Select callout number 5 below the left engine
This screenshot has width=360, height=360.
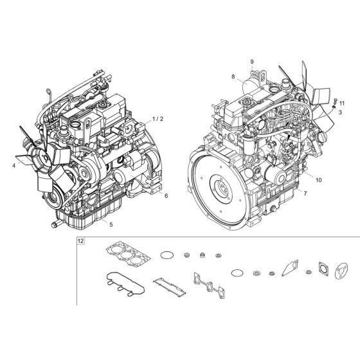pyautogui.click(x=111, y=224)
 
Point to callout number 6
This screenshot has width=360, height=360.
pyautogui.click(x=166, y=195)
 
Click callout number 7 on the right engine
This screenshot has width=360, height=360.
pyautogui.click(x=304, y=193)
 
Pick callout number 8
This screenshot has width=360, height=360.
pyautogui.click(x=252, y=77)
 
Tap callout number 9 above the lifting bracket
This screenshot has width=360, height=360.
pyautogui.click(x=253, y=62)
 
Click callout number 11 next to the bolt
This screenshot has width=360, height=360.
pyautogui.click(x=341, y=103)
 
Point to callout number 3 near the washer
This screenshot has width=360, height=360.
pyautogui.click(x=340, y=113)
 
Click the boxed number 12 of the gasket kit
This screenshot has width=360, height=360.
pyautogui.click(x=80, y=242)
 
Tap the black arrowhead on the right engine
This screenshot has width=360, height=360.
pyautogui.click(x=289, y=138)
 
